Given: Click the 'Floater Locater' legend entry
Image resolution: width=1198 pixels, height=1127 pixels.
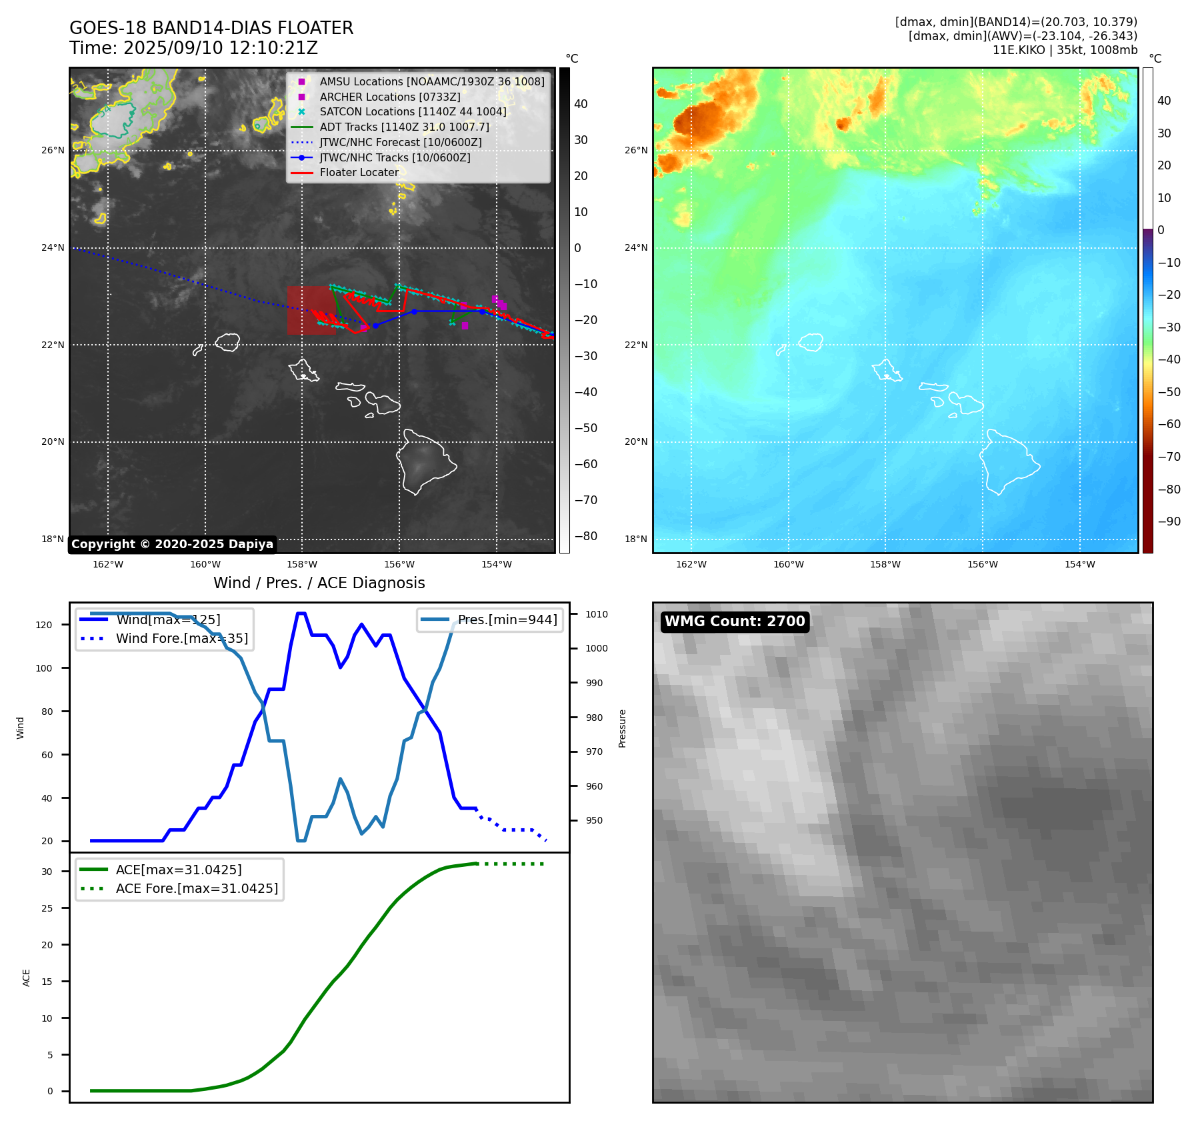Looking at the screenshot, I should (359, 172).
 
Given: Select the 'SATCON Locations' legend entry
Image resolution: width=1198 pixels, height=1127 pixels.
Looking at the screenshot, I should (413, 111).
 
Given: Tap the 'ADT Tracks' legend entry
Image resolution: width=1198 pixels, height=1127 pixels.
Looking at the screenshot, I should (404, 127).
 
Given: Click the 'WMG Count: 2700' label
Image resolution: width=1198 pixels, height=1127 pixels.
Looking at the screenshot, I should (735, 622).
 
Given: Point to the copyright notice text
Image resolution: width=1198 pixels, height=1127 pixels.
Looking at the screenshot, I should (172, 544).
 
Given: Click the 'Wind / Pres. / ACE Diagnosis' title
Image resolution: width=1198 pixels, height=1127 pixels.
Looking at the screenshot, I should (319, 583).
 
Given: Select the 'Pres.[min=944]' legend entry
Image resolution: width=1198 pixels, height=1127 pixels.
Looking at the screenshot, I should (507, 620).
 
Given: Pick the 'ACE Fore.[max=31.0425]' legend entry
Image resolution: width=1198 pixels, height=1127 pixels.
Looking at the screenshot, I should (197, 888).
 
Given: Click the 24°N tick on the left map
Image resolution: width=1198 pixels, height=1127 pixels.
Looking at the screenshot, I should (53, 247).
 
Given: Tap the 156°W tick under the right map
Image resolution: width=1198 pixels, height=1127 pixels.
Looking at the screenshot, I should (982, 564).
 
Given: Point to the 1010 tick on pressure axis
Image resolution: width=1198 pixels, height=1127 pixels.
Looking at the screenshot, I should (597, 614).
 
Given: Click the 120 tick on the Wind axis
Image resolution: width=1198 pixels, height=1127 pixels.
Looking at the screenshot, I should (44, 625).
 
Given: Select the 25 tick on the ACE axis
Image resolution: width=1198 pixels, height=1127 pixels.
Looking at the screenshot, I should (47, 908).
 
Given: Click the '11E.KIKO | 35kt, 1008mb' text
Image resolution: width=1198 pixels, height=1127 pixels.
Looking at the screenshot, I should (1065, 50).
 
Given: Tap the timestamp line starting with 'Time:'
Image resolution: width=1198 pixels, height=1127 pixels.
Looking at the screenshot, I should (193, 48).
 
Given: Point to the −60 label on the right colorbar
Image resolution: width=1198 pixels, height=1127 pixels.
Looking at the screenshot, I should (1169, 424).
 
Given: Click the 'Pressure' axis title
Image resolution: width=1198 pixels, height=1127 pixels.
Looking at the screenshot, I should (622, 728).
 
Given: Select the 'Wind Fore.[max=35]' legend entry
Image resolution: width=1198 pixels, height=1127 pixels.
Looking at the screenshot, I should (181, 638).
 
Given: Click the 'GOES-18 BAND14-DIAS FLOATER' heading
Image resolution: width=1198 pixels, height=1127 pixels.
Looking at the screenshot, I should (211, 28).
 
